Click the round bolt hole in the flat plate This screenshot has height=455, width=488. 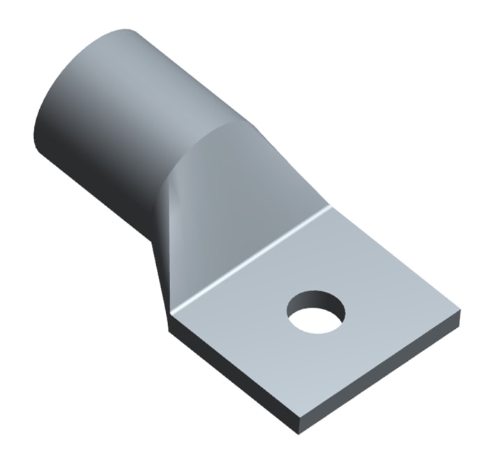point(316,313)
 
